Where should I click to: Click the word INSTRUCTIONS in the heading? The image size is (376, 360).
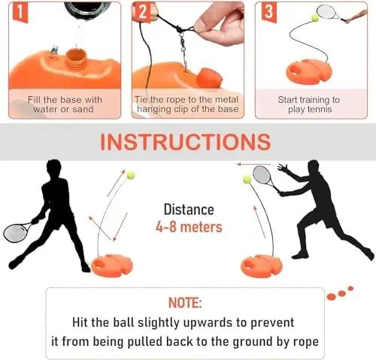[x=185, y=142]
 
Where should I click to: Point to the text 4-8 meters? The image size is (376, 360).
[x=189, y=226]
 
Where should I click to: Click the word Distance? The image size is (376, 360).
[x=189, y=210]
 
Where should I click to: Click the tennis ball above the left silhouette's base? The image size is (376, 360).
[x=131, y=174]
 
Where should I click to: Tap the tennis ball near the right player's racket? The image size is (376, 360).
[x=247, y=180]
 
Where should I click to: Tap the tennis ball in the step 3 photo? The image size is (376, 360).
[x=315, y=17]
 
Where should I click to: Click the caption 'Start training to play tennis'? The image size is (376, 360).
[x=310, y=105]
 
